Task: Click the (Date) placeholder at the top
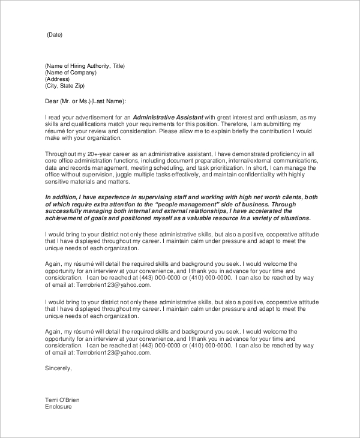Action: [x=54, y=35]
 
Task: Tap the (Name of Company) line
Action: [x=70, y=72]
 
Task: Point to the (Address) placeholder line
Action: [x=57, y=79]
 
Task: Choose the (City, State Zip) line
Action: [x=67, y=86]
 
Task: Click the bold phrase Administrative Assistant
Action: [x=168, y=116]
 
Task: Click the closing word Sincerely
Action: [x=58, y=368]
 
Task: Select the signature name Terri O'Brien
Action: [x=62, y=400]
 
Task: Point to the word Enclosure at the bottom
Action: [x=58, y=407]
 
